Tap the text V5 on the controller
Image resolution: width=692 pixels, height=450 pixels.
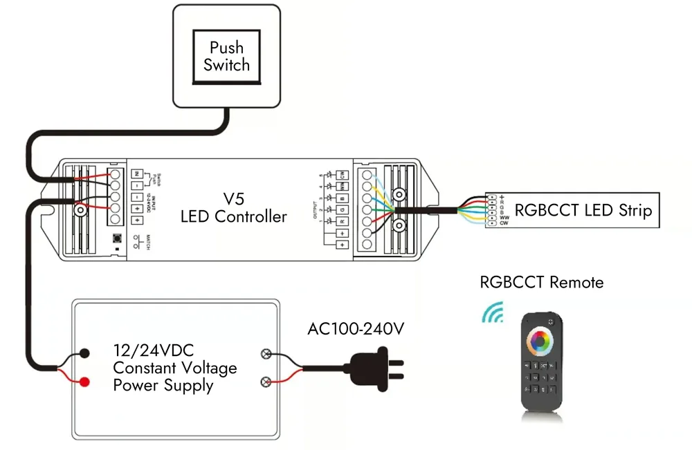tap(233, 198)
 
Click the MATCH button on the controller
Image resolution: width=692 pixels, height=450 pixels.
tap(118, 241)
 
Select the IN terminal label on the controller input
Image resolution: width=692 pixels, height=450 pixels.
tap(137, 173)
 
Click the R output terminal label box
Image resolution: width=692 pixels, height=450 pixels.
tap(341, 221)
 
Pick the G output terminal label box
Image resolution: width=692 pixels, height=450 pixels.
tap(341, 209)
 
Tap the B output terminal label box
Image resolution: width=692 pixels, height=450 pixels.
tap(341, 198)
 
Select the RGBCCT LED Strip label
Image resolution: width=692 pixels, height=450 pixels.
tap(583, 209)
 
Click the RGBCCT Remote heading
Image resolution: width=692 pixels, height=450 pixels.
tap(541, 282)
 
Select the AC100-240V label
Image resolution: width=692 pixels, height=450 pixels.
tap(355, 329)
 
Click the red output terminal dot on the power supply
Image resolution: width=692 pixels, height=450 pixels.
tap(84, 382)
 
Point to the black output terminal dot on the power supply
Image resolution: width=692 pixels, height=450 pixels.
tap(84, 353)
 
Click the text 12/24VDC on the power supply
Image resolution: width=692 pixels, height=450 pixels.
tap(154, 350)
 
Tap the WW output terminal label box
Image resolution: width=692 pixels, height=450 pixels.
tap(341, 186)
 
